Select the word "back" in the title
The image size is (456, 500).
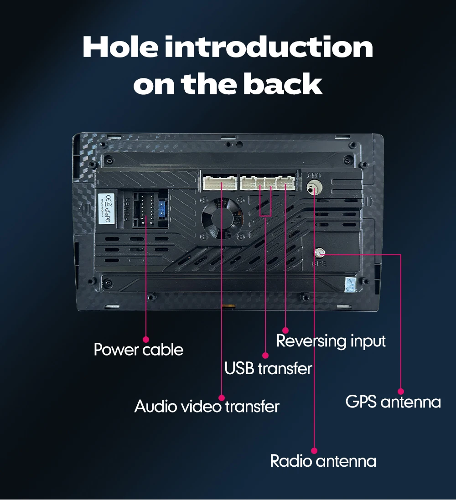coord(282,84)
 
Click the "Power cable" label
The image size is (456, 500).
coord(138,350)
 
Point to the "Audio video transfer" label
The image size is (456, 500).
coord(207,406)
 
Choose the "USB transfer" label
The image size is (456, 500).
coord(268,368)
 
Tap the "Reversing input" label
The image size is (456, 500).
coord(331,341)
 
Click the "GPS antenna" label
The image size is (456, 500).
coord(393,402)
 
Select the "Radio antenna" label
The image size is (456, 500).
coord(323,461)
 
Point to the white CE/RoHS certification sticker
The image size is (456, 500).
coord(105,208)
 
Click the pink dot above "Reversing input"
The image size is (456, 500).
coord(285,330)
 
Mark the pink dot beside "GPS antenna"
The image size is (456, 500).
coord(401,391)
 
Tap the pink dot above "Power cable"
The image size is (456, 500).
coord(146,339)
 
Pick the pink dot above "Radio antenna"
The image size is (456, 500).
coord(315,450)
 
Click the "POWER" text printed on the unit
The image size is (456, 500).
coord(126,209)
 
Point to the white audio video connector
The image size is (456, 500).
coord(220,183)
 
